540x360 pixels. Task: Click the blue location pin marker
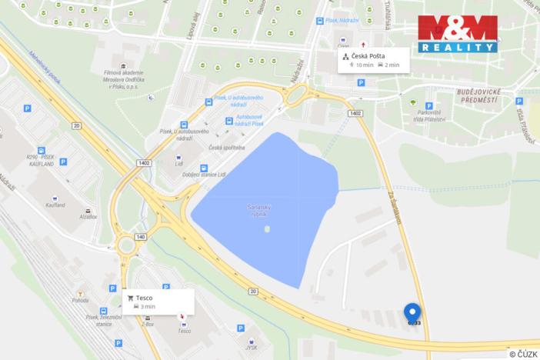pyautogui.click(x=412, y=313)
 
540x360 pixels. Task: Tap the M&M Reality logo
pyautogui.click(x=458, y=34)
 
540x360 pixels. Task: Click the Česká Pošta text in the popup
pyautogui.click(x=369, y=56)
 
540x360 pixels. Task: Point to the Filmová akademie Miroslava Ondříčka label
pyautogui.click(x=122, y=77)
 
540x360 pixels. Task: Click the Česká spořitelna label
pyautogui.click(x=227, y=147)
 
